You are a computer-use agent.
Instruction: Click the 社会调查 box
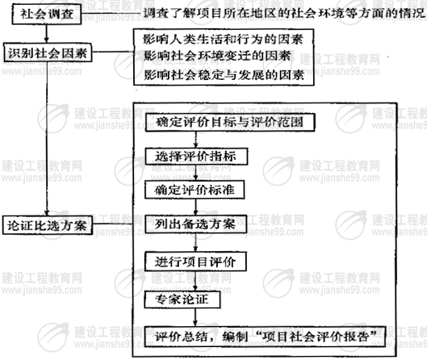[x=47, y=15]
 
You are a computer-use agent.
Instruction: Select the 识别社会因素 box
[x=48, y=52]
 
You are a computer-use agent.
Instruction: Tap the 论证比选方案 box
[x=48, y=225]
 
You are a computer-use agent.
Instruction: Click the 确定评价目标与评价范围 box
[x=230, y=123]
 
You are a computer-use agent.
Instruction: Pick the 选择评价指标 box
[x=196, y=157]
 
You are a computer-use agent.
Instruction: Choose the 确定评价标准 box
[x=195, y=190]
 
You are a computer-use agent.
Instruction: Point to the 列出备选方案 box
[x=195, y=224]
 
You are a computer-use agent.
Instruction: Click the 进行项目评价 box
[x=195, y=262]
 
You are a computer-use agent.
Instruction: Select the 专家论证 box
[x=182, y=299]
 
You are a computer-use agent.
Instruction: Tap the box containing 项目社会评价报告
[x=265, y=337]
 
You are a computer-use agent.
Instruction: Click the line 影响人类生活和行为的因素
[x=223, y=40]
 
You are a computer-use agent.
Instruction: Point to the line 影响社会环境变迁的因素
[x=217, y=56]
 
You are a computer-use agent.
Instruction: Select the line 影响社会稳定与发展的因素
[x=224, y=74]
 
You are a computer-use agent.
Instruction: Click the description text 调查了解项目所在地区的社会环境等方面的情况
[x=283, y=13]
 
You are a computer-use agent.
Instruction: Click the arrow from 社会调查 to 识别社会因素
[x=47, y=33]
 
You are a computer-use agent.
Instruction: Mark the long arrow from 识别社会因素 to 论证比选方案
[x=47, y=139]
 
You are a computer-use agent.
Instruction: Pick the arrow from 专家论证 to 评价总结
[x=195, y=317]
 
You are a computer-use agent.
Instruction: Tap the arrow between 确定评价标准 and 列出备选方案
[x=195, y=207]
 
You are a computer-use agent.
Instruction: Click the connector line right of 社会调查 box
[x=112, y=13]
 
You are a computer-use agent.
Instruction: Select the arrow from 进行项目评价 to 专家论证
[x=195, y=281]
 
